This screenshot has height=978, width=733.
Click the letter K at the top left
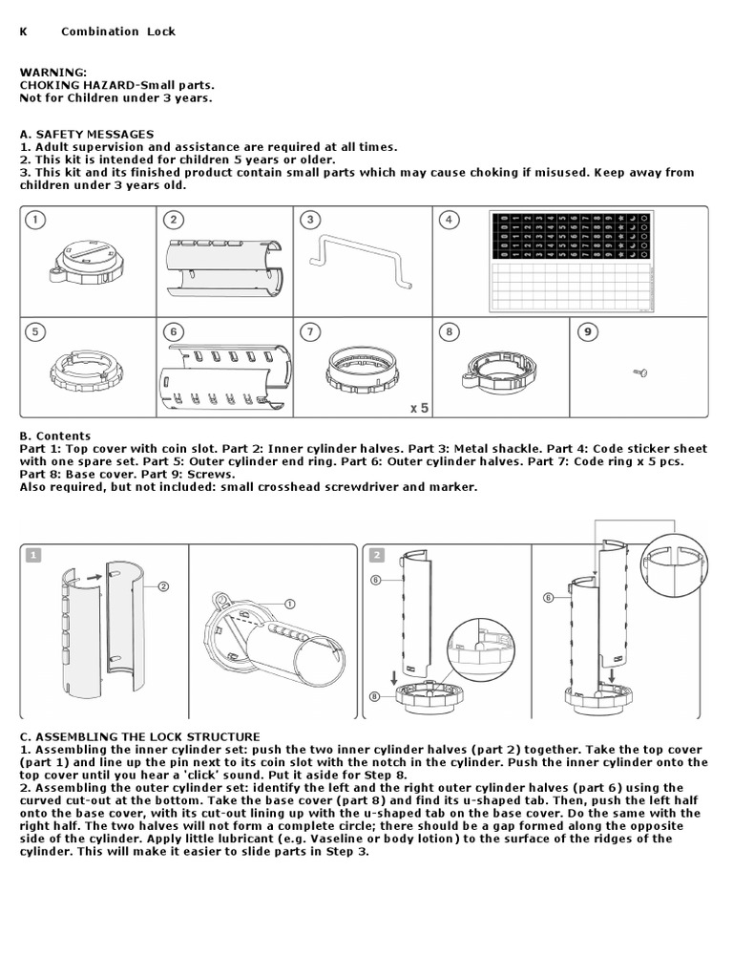[24, 32]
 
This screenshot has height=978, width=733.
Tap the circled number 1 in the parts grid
[35, 221]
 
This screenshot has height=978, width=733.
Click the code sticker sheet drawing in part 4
[573, 261]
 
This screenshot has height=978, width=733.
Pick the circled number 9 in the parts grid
[589, 331]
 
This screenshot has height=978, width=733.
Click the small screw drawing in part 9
[640, 372]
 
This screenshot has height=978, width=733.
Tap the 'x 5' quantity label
[419, 408]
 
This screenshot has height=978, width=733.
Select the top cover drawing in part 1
[86, 263]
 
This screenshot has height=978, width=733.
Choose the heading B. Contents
[55, 436]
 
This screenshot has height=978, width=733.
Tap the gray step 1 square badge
[33, 555]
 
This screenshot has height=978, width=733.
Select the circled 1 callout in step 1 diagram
[291, 604]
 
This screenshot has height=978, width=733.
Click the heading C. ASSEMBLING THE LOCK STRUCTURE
[139, 736]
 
